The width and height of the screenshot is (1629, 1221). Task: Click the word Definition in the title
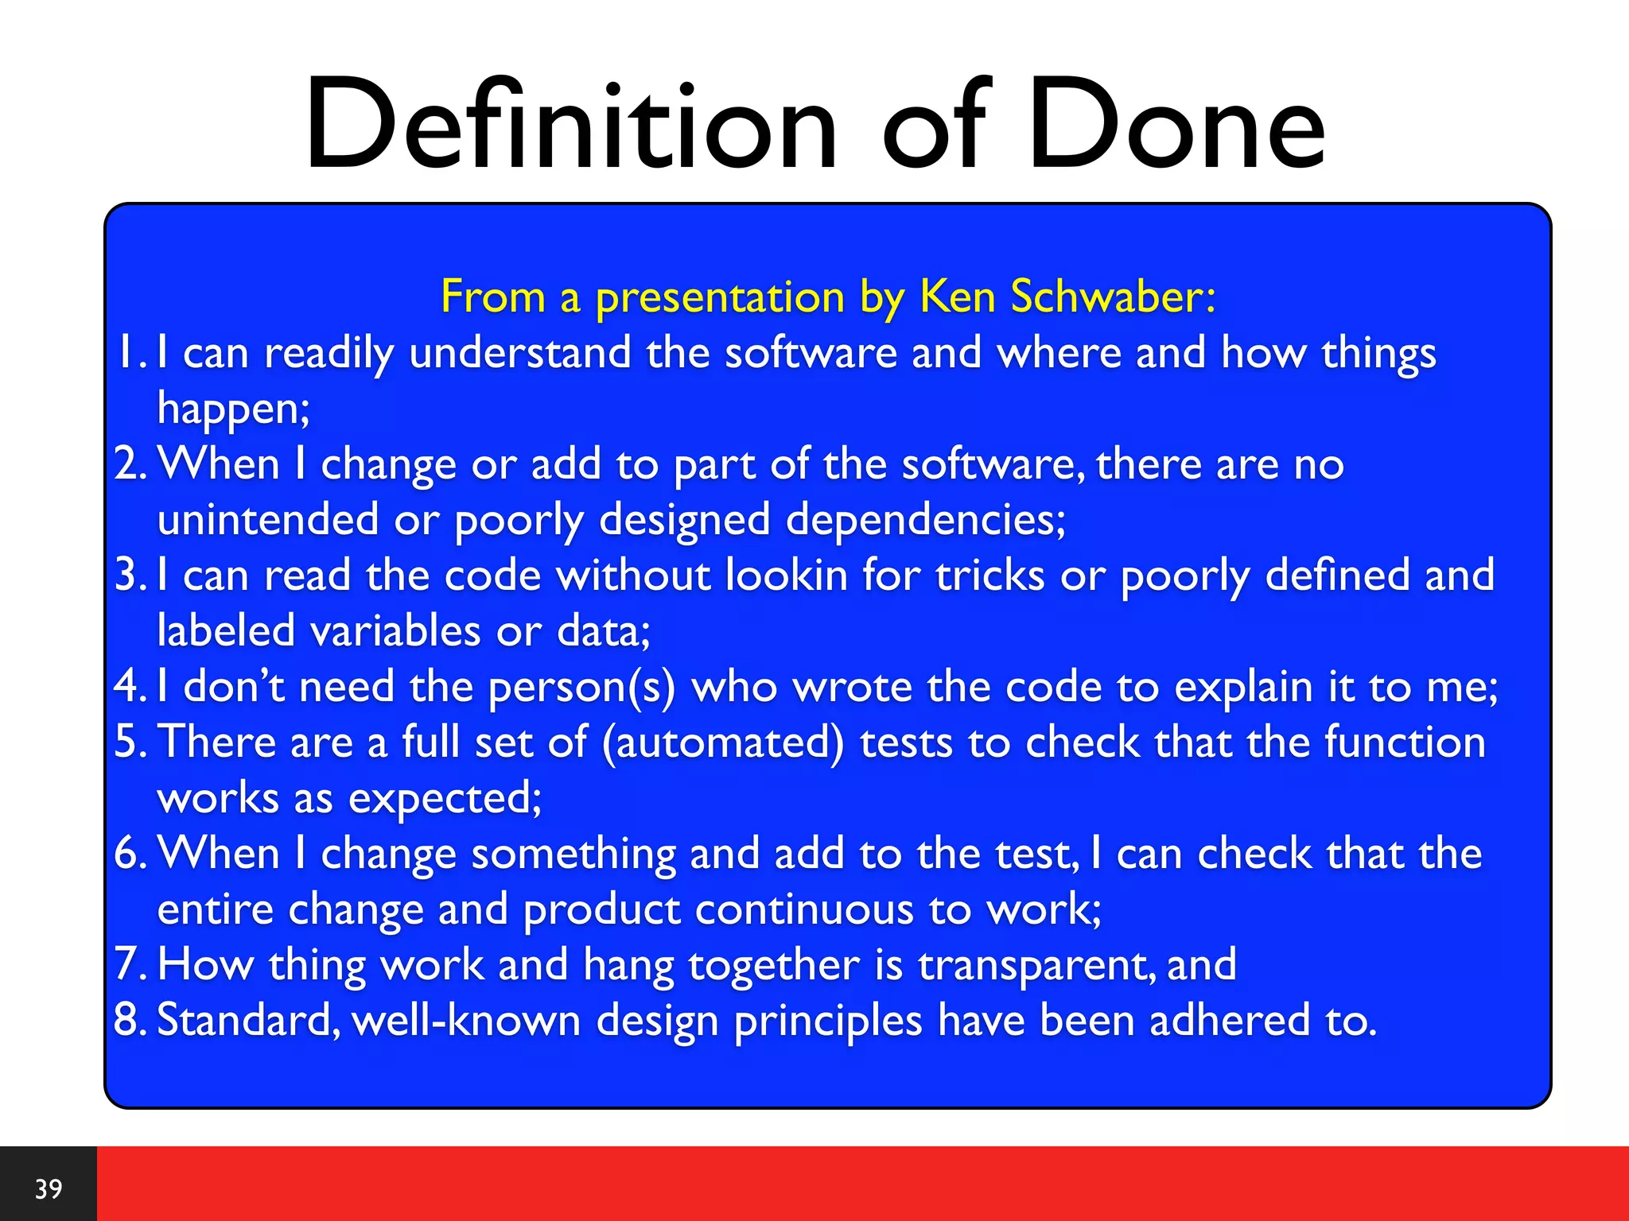(570, 125)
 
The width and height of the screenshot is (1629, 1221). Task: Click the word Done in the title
(1176, 125)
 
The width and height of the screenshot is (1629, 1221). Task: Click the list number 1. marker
(130, 353)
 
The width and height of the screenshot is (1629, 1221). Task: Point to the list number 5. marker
(130, 742)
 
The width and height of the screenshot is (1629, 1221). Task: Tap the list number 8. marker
(130, 1021)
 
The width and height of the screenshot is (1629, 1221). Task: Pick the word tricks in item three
(989, 576)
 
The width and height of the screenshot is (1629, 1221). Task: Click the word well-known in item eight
(466, 1021)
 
